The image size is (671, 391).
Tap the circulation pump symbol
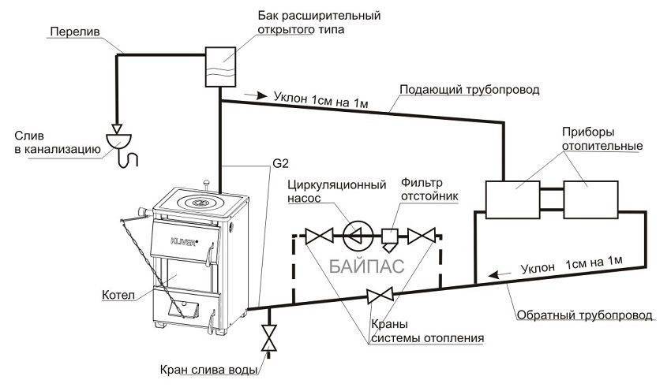click(x=354, y=234)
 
